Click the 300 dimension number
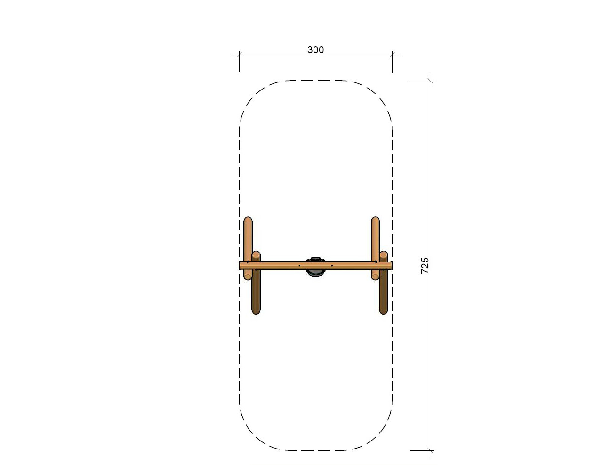[315, 49]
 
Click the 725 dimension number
[425, 266]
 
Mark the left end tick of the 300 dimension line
[240, 55]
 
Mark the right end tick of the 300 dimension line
[392, 55]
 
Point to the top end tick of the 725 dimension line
[430, 81]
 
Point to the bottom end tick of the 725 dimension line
[430, 450]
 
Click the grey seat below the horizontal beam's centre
[315, 273]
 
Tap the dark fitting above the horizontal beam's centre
[315, 259]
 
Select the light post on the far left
[248, 248]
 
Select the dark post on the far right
[384, 283]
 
